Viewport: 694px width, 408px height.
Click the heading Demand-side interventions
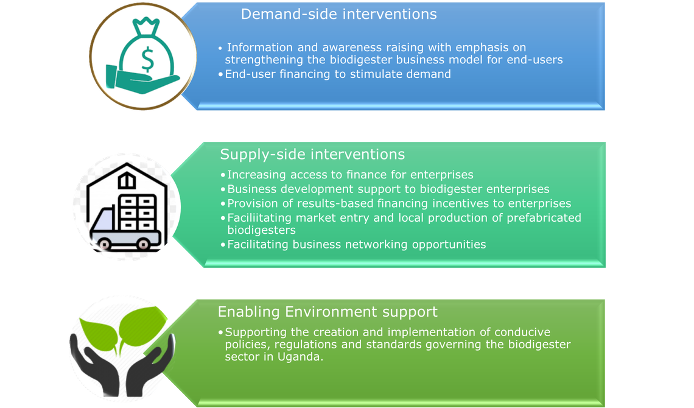(338, 14)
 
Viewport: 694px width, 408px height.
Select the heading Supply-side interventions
(312, 154)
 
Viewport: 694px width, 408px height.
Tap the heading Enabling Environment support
(328, 312)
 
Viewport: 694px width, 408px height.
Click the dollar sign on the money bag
(147, 58)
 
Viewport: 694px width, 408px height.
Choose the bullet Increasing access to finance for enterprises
(350, 175)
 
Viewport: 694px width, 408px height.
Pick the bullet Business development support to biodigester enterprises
(388, 189)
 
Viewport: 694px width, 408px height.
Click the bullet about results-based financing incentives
(399, 203)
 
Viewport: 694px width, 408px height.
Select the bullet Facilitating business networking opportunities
(356, 244)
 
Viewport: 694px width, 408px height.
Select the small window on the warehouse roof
(126, 181)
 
